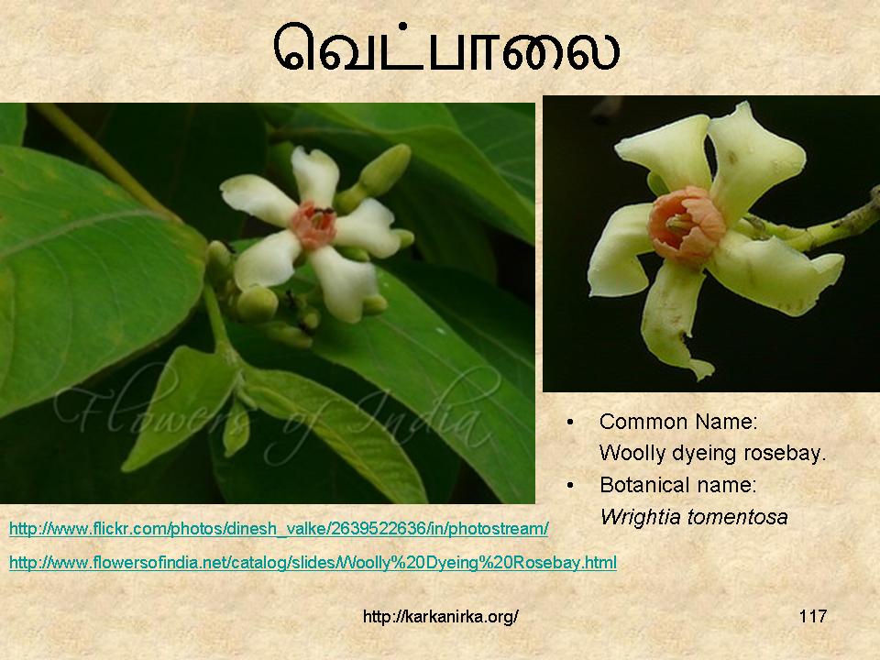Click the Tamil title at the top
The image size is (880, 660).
[x=446, y=48]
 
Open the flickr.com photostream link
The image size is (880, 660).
[x=279, y=529]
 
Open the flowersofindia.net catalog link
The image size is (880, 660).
[x=313, y=562]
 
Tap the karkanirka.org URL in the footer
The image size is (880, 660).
[x=441, y=616]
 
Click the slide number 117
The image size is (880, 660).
[x=813, y=616]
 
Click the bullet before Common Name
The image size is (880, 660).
[x=571, y=422]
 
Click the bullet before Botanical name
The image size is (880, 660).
[x=571, y=485]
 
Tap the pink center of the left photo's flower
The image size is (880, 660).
[x=314, y=225]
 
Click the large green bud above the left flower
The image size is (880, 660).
[x=386, y=170]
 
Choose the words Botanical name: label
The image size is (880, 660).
[x=678, y=485]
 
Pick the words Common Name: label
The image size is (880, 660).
[x=678, y=422]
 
